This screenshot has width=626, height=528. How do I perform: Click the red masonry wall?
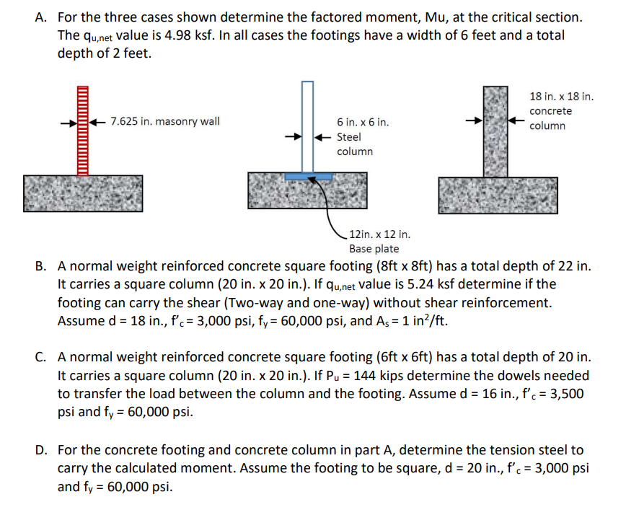pos(83,131)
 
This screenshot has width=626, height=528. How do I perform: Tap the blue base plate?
pos(308,177)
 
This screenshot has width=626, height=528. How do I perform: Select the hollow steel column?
pos(307,127)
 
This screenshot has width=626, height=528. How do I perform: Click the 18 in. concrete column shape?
pos(495,132)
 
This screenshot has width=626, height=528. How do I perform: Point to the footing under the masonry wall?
pos(83,194)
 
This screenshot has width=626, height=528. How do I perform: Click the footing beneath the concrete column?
pos(498,195)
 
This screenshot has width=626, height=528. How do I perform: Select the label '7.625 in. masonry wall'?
pos(165,121)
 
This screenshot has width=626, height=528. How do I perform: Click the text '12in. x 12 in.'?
pos(379,234)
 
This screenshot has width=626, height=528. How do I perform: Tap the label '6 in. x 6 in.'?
pos(363,122)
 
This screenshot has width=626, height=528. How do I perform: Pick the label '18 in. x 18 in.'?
pos(561,97)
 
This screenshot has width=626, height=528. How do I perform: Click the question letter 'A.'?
pos(40,17)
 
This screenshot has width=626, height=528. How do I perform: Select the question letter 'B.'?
pos(40,266)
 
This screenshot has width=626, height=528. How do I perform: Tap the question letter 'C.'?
pos(40,357)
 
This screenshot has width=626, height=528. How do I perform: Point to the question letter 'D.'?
pos(41,450)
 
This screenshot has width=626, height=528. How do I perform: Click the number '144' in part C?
pos(365,376)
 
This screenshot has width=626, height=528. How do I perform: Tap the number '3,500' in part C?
pos(567,395)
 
